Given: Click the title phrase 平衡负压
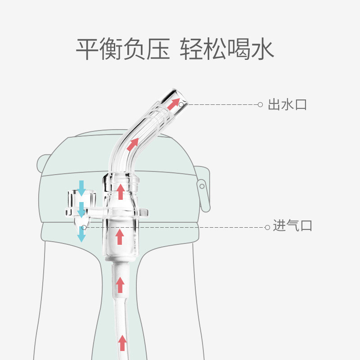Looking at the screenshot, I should (122, 49).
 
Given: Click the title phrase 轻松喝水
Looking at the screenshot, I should (227, 49).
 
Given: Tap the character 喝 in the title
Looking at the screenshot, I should (239, 49).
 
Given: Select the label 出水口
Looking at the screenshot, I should (287, 105).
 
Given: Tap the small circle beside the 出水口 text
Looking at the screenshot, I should (260, 104).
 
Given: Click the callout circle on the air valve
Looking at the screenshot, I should (84, 227).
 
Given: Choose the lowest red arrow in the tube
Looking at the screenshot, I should (121, 342).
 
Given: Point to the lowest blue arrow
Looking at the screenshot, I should (81, 234).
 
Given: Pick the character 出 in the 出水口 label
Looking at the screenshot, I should (274, 105).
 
